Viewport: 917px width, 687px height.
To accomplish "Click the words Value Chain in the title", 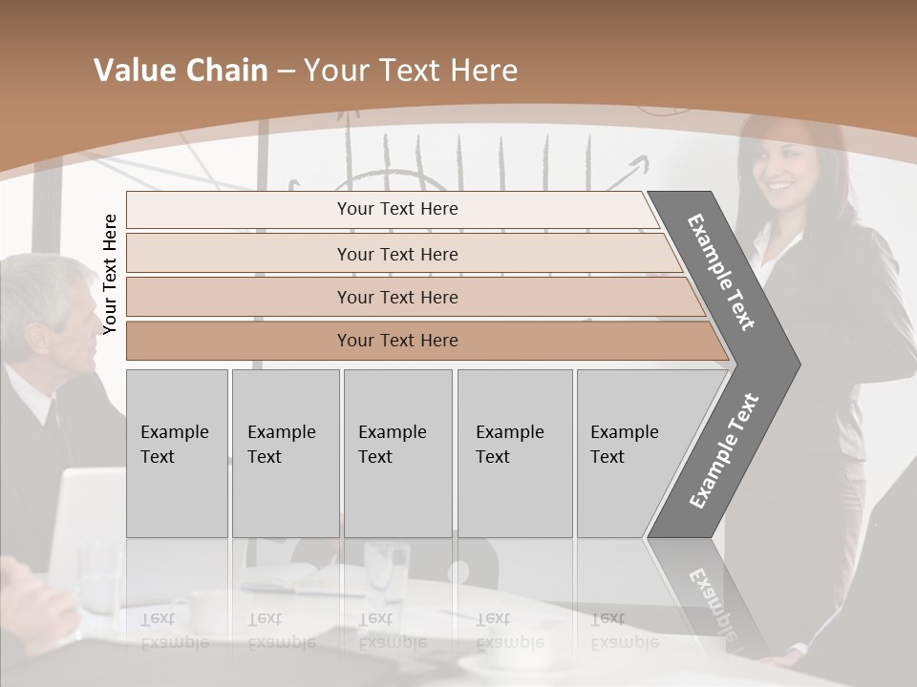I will [x=181, y=71].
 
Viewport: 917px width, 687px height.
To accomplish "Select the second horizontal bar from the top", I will [x=396, y=254].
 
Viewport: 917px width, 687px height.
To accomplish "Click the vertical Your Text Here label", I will [x=110, y=274].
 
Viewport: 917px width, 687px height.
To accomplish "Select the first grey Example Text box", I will [x=177, y=453].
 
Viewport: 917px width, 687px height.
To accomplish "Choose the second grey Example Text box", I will [x=285, y=453].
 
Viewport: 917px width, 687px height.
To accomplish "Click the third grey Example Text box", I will [x=397, y=453].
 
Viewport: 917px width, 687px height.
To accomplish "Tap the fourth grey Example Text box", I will [x=514, y=453].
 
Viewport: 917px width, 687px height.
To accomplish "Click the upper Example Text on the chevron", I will [x=722, y=272].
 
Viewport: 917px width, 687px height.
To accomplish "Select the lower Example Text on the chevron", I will [x=724, y=450].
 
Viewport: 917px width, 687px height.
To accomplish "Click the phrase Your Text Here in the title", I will [x=411, y=71].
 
